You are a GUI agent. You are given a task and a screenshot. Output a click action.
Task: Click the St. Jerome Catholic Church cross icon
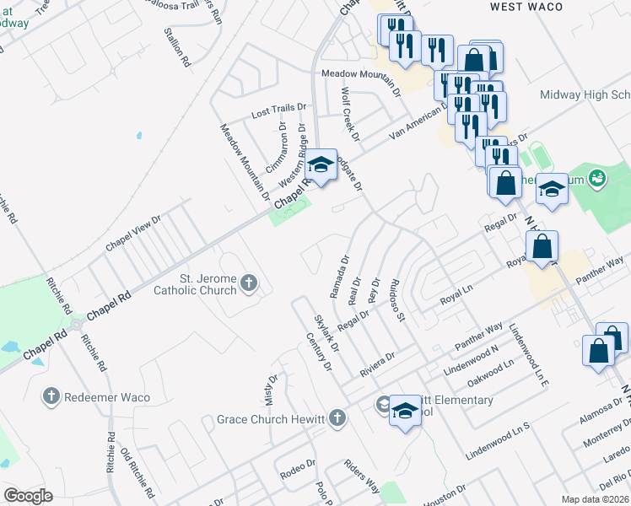pos(248,283)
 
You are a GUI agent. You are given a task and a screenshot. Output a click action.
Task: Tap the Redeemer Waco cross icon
pos(51,396)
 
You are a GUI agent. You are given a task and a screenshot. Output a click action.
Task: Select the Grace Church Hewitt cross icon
pos(337,417)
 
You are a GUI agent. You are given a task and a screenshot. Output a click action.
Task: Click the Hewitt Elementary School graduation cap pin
pos(405,412)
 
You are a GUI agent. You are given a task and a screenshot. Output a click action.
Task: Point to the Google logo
pos(28,496)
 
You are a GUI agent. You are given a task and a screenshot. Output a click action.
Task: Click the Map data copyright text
pos(595,499)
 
